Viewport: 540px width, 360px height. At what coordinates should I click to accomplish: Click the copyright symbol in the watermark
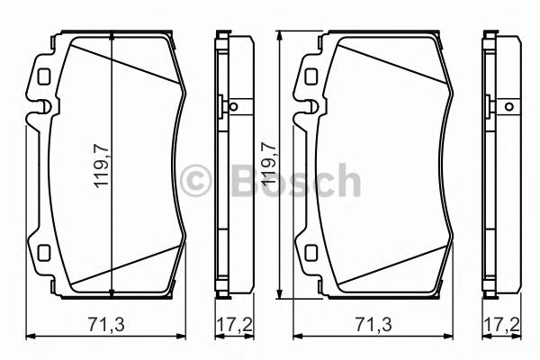195,181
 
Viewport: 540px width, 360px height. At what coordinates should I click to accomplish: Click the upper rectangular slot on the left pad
42,75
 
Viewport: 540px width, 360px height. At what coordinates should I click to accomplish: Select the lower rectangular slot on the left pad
42,252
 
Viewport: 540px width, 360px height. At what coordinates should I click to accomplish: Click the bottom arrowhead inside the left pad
111,290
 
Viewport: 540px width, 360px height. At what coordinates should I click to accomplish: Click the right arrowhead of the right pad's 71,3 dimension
451,336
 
